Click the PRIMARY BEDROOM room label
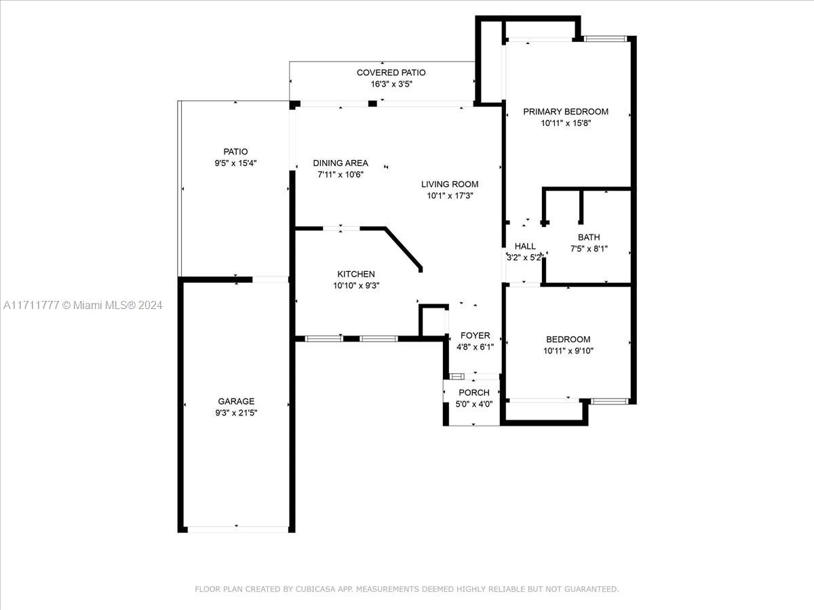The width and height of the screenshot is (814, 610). coord(566,111)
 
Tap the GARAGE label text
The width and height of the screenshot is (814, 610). coord(236,401)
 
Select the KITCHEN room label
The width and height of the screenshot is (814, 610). coord(356,274)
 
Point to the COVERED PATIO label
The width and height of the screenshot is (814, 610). coord(391,73)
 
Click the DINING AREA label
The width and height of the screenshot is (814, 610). coord(341,163)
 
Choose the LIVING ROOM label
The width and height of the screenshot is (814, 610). coord(450,184)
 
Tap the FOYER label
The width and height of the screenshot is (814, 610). coord(475,335)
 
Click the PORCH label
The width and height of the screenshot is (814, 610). coord(474,392)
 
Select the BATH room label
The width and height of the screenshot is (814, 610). coord(589,237)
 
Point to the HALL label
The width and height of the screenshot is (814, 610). coord(525,246)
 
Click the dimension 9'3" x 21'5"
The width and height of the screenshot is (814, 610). coord(236,413)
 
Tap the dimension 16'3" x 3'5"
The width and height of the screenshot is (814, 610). coord(391,84)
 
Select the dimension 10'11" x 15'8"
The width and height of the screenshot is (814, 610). coord(566,123)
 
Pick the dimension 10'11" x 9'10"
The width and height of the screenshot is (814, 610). coord(568,350)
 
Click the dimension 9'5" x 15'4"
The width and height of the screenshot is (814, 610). coord(235,163)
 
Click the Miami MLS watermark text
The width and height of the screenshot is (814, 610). coord(83,305)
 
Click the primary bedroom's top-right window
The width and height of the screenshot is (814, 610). coord(606,39)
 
